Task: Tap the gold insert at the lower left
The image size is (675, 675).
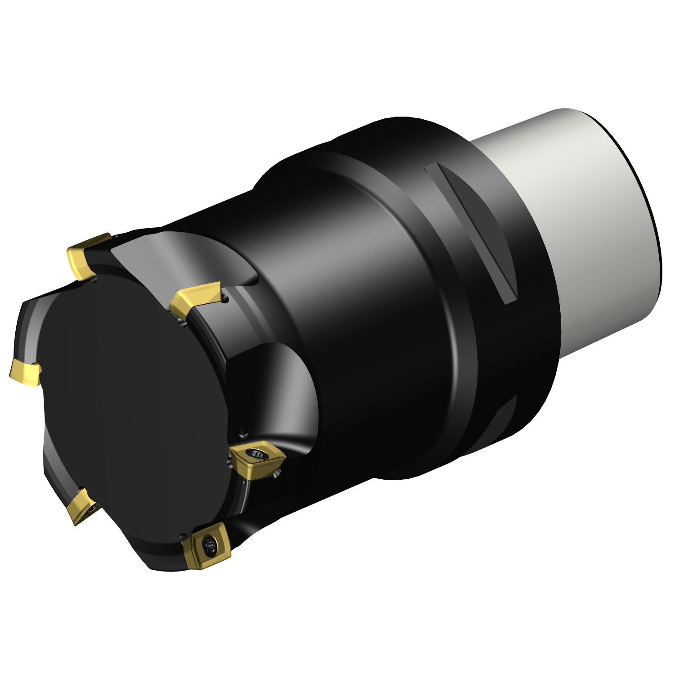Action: tap(81, 506)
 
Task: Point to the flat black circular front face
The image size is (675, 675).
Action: tap(130, 396)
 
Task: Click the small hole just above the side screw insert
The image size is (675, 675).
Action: tap(243, 433)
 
